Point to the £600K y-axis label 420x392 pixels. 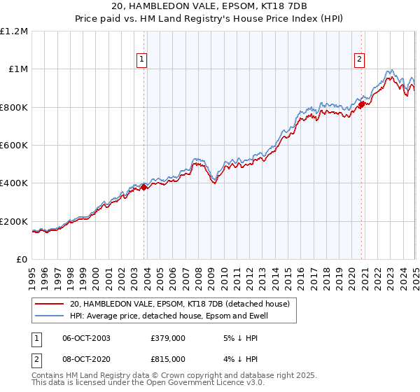click(x=15, y=146)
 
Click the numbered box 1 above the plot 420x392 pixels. click(x=142, y=60)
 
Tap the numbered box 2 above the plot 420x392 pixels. click(x=359, y=60)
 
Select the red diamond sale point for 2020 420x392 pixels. click(x=362, y=104)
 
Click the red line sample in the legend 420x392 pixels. click(x=50, y=304)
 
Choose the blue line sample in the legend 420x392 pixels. click(x=50, y=316)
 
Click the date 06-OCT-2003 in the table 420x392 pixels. click(x=86, y=337)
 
